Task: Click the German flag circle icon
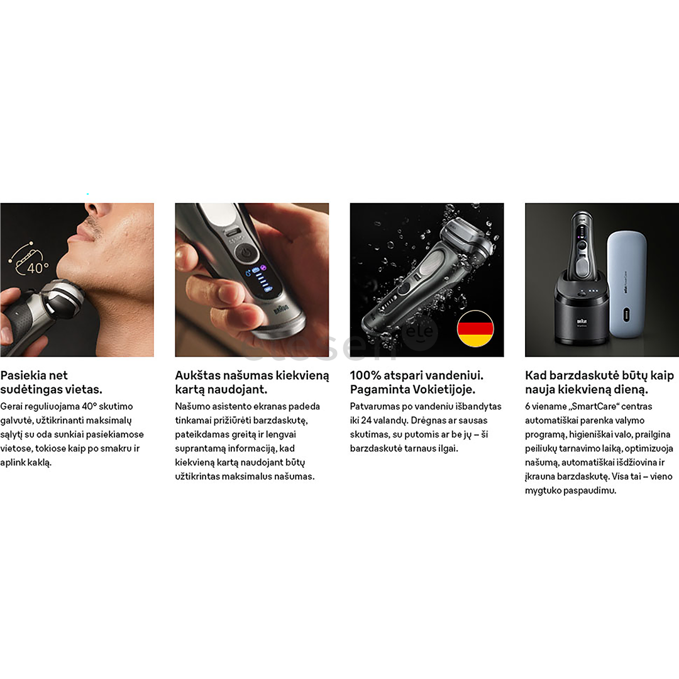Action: pyautogui.click(x=475, y=329)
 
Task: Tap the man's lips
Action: pyautogui.click(x=84, y=234)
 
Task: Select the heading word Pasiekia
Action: pyautogui.click(x=24, y=375)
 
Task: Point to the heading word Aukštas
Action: pyautogui.click(x=196, y=375)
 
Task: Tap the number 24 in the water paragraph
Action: pyautogui.click(x=367, y=421)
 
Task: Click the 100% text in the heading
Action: pyautogui.click(x=365, y=375)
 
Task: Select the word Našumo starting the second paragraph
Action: pyautogui.click(x=191, y=407)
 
